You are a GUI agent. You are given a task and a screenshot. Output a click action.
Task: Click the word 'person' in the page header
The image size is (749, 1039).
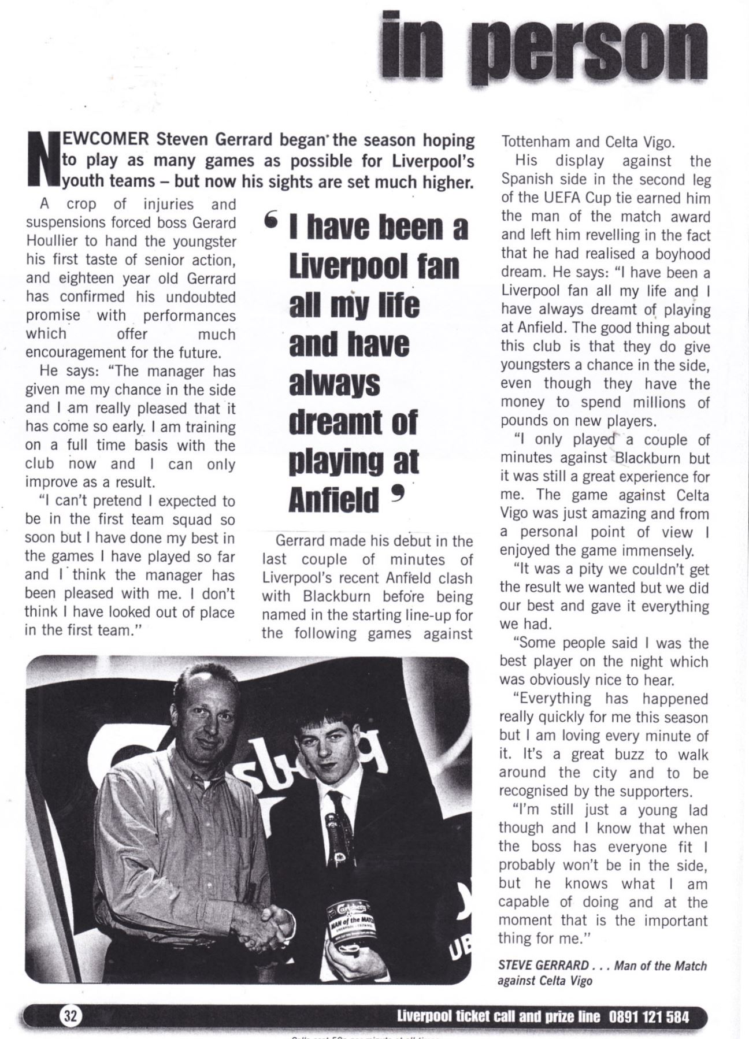(x=588, y=49)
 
